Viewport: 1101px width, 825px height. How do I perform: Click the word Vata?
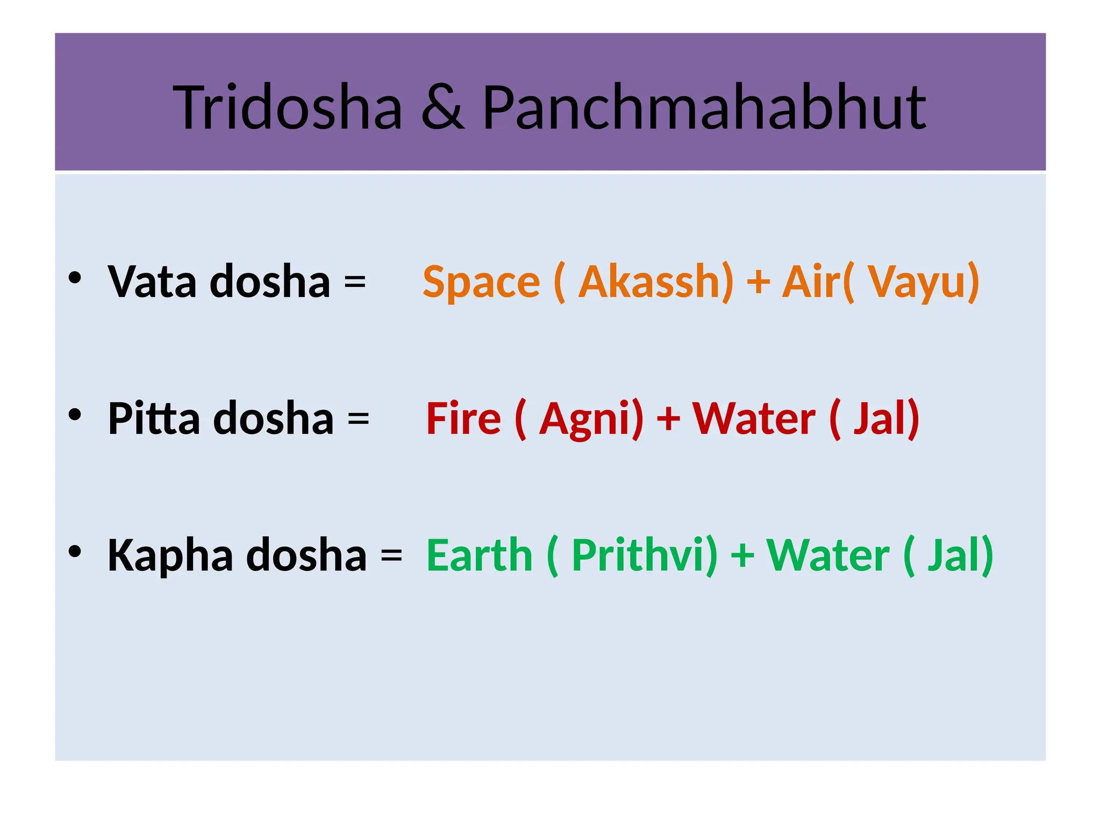(x=152, y=282)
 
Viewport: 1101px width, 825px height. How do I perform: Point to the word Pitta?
(x=154, y=418)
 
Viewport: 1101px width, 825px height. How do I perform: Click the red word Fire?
(x=463, y=418)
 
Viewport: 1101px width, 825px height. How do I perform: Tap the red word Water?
(x=754, y=418)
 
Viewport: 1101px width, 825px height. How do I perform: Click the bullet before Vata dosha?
(x=75, y=278)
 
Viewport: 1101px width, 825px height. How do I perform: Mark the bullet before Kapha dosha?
(x=75, y=551)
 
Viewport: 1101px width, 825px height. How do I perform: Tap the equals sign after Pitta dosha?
(x=358, y=418)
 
